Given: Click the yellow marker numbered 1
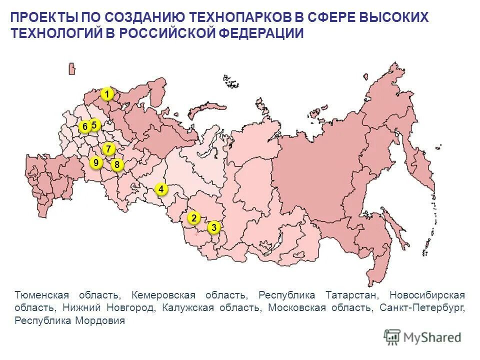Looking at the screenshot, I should point(106,94).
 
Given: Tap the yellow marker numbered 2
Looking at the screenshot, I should point(193,218).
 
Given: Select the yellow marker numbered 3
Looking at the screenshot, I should point(214,228).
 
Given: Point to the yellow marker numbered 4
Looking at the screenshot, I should point(161,189).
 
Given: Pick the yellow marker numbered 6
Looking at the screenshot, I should point(85,127).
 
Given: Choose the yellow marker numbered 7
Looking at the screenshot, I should point(108,149).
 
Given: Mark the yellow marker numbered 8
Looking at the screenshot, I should point(117,164).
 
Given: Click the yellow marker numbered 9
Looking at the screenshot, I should point(95,162).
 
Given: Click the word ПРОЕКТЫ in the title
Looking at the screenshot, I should point(43,17).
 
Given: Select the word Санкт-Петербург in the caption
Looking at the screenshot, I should point(422,307).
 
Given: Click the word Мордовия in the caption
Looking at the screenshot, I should point(99,320).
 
